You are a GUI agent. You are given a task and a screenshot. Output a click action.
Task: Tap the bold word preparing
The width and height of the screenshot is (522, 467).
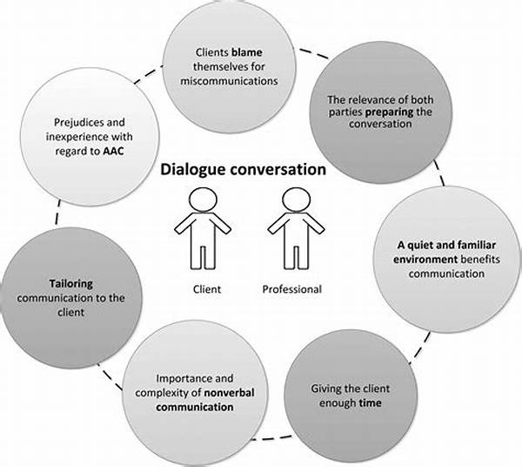click(x=392, y=110)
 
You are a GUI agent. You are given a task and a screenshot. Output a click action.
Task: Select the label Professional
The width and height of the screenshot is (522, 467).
click(x=291, y=288)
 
